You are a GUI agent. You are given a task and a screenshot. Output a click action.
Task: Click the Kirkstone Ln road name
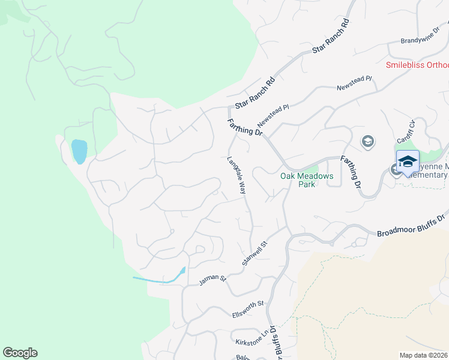tap(252, 339)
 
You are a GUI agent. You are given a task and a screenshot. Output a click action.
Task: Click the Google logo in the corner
tap(20, 353)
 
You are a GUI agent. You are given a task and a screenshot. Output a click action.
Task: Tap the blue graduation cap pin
tap(408, 162)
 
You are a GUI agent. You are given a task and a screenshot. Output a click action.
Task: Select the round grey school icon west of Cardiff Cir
tap(367, 142)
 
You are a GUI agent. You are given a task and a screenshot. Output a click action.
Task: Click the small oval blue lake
tap(79, 151)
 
